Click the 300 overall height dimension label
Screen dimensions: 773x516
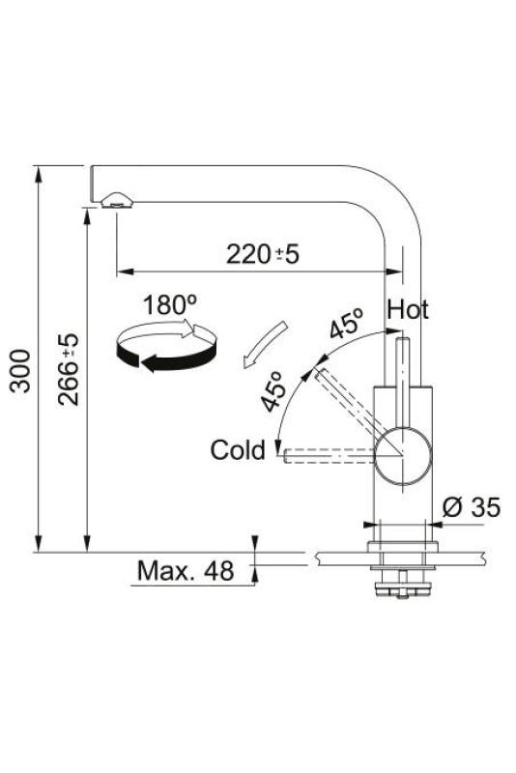pos(21,372)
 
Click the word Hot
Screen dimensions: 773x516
pos(408,310)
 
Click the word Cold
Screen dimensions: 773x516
pos(238,450)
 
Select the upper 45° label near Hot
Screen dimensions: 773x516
pos(345,324)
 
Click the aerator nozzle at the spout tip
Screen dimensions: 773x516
pos(115,200)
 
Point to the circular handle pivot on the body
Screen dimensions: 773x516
pos(401,455)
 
